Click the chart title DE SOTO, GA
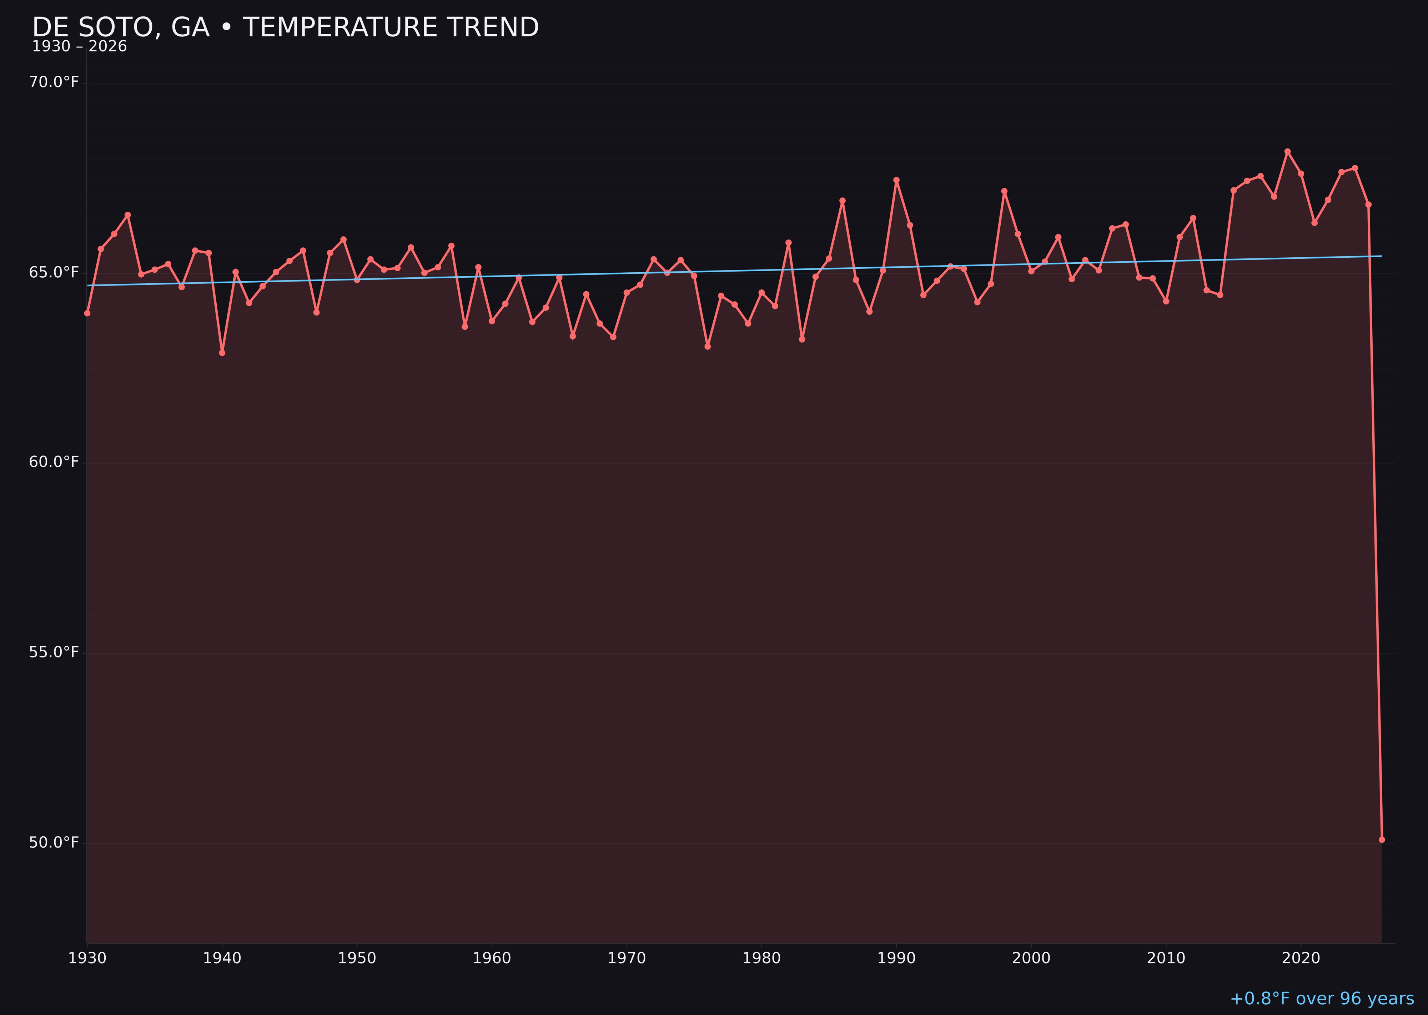click(x=285, y=27)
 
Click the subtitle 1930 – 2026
click(x=79, y=47)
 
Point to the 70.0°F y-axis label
click(x=54, y=82)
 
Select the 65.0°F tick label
click(x=54, y=273)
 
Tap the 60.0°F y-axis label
click(x=54, y=462)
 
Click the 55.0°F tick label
click(x=54, y=652)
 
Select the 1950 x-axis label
click(x=357, y=958)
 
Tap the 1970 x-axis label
click(x=627, y=958)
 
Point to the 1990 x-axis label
click(x=896, y=958)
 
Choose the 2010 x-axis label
click(x=1166, y=958)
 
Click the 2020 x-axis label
click(x=1301, y=958)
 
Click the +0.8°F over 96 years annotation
click(x=1322, y=999)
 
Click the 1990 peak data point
click(x=896, y=180)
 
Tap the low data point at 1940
click(x=222, y=353)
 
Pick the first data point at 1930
click(x=87, y=313)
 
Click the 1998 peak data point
click(x=1004, y=191)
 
